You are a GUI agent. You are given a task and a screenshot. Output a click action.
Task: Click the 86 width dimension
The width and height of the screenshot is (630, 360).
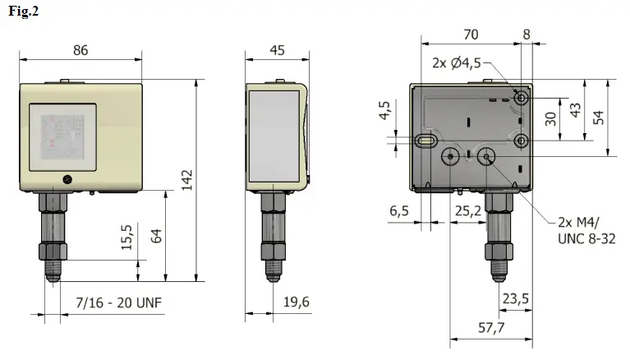(80, 49)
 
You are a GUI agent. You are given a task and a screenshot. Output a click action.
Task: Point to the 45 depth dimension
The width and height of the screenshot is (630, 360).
(277, 49)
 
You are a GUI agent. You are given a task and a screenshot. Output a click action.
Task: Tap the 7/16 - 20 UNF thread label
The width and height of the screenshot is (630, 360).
(119, 302)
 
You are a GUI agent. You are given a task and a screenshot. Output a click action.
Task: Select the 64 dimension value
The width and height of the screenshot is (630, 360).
(155, 235)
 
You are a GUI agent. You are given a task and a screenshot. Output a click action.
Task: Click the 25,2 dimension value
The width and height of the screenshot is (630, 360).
(468, 211)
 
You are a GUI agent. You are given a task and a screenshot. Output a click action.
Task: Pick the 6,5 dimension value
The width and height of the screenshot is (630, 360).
(400, 211)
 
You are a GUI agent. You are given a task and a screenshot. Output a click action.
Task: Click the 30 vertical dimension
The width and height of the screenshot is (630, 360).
(550, 118)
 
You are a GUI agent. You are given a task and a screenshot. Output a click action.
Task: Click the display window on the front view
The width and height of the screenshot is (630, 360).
(63, 132)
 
